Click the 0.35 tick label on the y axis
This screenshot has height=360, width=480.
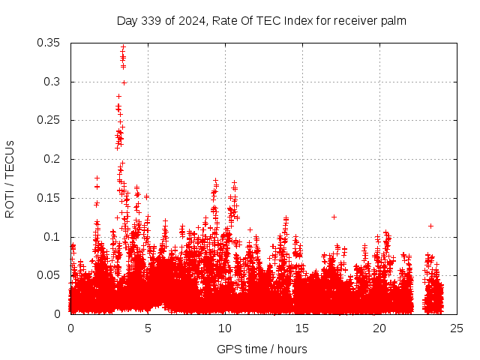(49, 43)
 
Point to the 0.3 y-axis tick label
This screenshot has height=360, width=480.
(55, 82)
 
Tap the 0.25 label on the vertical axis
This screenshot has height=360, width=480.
(49, 120)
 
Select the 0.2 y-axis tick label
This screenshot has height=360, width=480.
(55, 159)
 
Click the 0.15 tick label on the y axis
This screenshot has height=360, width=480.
(49, 198)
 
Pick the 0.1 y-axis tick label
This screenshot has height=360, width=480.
(55, 237)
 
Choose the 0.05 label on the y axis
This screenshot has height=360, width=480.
(49, 275)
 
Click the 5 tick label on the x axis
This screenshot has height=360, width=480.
(148, 328)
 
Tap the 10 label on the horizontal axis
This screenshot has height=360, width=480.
(225, 328)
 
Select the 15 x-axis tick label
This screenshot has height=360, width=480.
(302, 328)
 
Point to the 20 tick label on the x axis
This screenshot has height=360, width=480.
(379, 328)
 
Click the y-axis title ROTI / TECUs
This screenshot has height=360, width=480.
(10, 178)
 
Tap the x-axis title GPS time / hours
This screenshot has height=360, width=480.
(262, 349)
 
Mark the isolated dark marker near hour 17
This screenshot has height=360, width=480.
(334, 217)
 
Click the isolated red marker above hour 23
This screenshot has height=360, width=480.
(430, 226)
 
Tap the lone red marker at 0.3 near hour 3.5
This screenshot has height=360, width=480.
(124, 82)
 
